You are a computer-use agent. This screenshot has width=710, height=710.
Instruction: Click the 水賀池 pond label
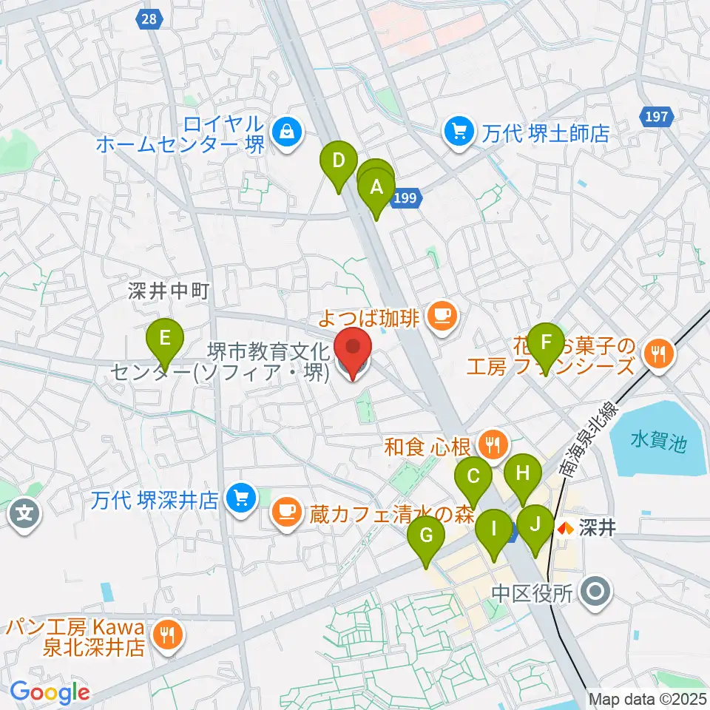(x=659, y=443)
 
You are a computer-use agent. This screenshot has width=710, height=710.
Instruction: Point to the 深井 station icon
(x=566, y=529)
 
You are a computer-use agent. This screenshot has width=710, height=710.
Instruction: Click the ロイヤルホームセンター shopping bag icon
(x=285, y=133)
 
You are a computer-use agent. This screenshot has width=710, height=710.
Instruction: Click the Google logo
(x=50, y=692)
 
